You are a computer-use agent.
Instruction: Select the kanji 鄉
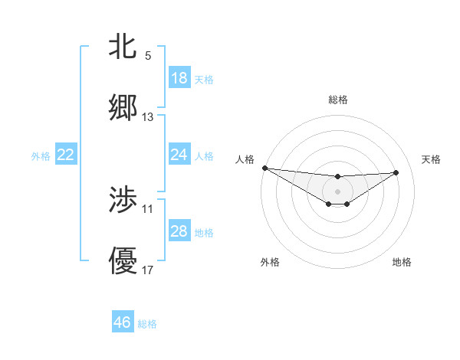(123, 108)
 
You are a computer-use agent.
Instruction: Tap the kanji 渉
(123, 200)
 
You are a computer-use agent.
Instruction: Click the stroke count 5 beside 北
(148, 56)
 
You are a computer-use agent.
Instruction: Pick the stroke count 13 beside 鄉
(148, 117)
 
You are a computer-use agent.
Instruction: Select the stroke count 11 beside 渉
(148, 208)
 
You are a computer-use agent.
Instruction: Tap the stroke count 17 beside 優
(148, 270)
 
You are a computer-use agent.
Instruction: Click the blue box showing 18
(179, 78)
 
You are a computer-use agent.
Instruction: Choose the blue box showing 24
(179, 155)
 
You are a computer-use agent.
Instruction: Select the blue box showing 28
(179, 231)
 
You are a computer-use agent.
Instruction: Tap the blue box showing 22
(66, 155)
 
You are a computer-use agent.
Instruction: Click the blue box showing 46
(123, 322)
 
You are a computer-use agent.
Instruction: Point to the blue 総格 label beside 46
(147, 324)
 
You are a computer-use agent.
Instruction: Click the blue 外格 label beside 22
(41, 156)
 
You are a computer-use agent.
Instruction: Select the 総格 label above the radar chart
(337, 100)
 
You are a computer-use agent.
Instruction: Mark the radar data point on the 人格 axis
(264, 168)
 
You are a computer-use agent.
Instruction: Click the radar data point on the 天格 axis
(396, 172)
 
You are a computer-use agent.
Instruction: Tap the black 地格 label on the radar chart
(402, 262)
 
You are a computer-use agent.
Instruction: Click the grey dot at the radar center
(337, 191)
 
